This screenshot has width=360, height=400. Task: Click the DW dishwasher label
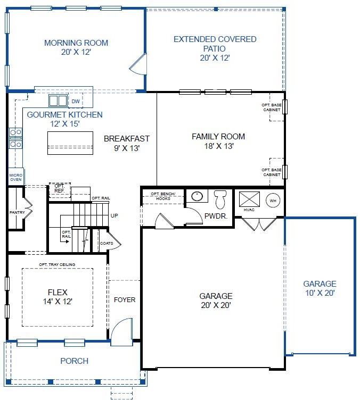pos(76,101)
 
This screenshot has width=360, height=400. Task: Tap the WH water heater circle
pos(273,201)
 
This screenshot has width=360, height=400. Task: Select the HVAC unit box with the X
pos(249,199)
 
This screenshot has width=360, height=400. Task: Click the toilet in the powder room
pos(220,199)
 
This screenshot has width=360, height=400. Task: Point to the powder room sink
pos(197,196)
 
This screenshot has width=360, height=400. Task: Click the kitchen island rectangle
pos(70,143)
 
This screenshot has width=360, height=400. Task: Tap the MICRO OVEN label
pos(16,177)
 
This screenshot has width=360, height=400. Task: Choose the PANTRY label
pos(17,212)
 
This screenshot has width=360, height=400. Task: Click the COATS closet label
pos(107,243)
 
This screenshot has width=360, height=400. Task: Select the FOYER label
pos(125,300)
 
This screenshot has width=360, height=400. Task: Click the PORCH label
pos(75,361)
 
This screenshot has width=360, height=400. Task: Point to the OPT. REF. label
pos(60,188)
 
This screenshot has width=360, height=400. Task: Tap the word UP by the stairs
pos(114,215)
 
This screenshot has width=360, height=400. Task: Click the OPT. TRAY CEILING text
pos(57,264)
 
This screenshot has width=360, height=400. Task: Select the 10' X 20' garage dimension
pos(320,293)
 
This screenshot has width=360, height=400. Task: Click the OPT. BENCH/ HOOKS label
pos(163,196)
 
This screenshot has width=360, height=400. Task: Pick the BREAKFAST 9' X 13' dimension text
pos(127,148)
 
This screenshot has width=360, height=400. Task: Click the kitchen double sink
pos(58,101)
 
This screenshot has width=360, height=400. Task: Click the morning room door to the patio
pos(138,64)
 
